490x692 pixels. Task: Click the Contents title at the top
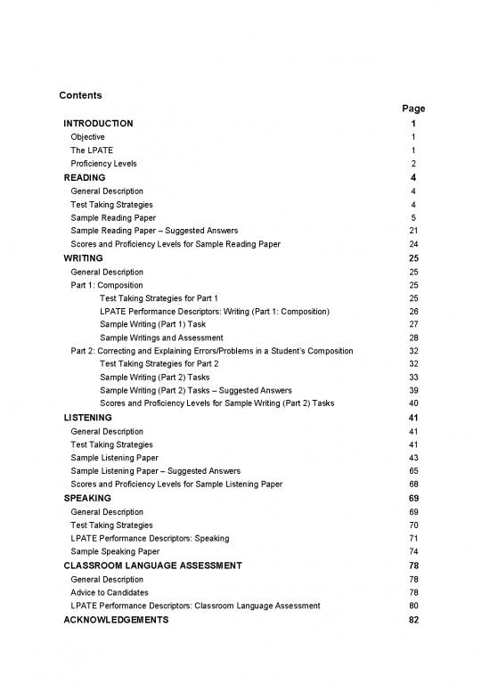[79, 95]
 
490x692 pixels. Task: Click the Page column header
[412, 109]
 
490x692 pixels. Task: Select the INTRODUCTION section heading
[99, 124]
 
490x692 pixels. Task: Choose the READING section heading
[85, 178]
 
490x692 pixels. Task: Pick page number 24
[413, 244]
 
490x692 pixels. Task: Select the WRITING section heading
[83, 258]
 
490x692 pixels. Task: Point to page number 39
[413, 390]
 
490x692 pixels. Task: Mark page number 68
[413, 484]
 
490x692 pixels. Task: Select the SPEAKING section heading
[87, 498]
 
